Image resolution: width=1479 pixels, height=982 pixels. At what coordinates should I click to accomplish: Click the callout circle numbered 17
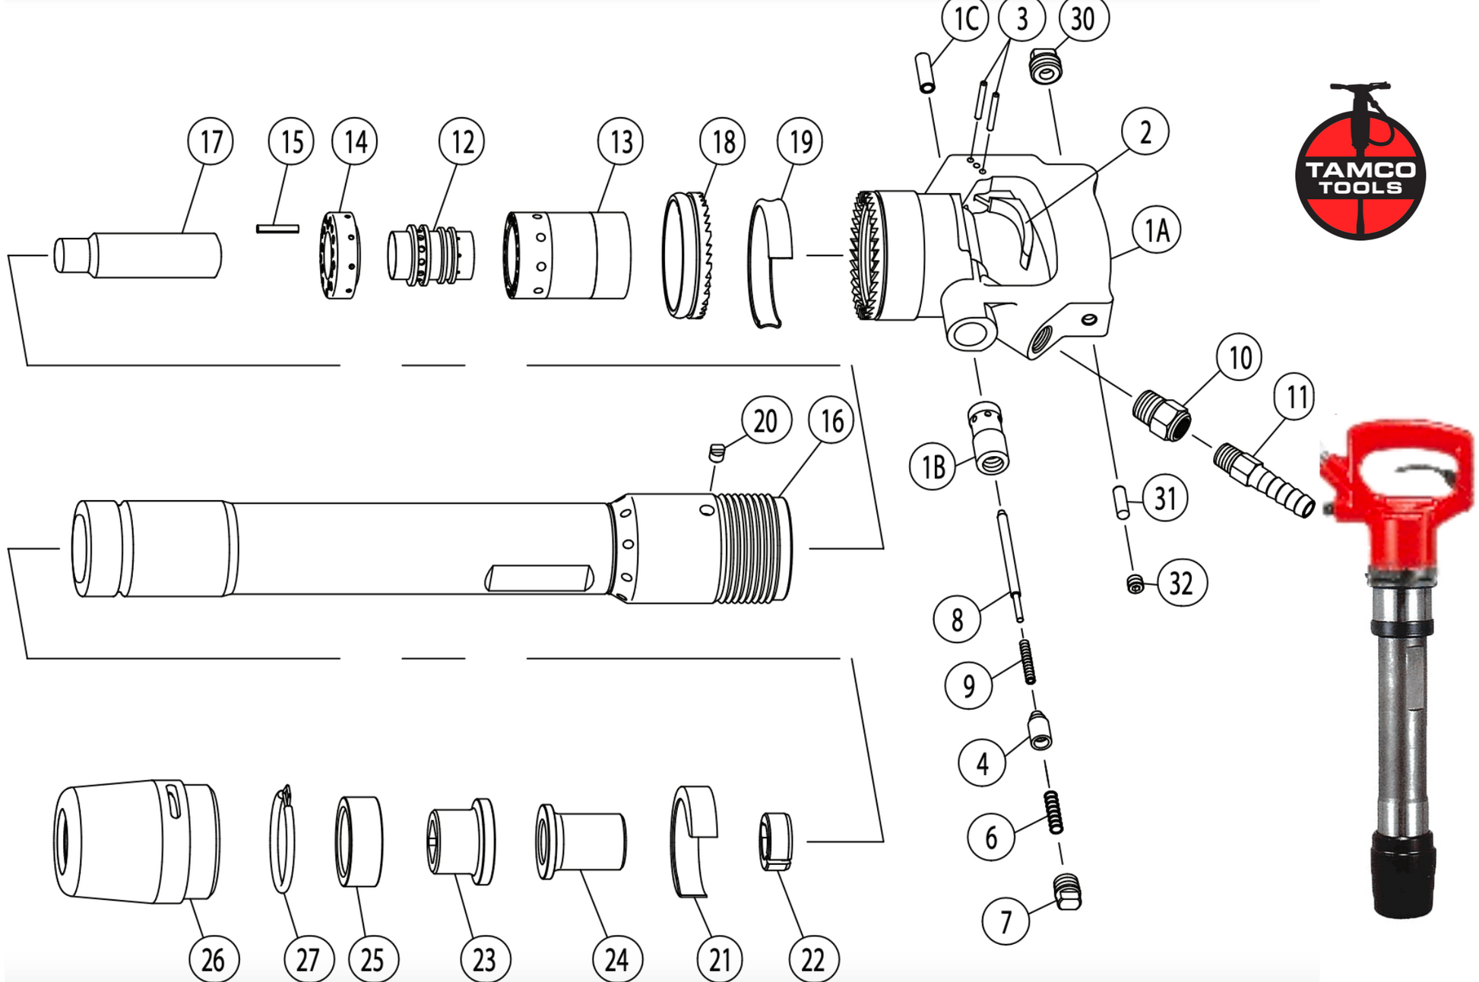pyautogui.click(x=211, y=141)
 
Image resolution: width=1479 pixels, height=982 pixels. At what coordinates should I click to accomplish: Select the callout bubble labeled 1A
pyautogui.click(x=1156, y=230)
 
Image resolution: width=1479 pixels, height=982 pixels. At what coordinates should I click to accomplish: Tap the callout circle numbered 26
pyautogui.click(x=213, y=959)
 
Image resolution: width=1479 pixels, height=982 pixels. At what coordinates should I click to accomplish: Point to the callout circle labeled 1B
pyautogui.click(x=933, y=467)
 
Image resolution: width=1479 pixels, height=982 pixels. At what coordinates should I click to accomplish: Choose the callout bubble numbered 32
pyautogui.click(x=1181, y=583)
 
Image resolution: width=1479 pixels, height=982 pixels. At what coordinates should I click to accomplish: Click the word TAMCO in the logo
pyautogui.click(x=1360, y=169)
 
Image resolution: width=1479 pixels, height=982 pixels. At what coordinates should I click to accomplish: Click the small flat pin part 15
pyautogui.click(x=277, y=228)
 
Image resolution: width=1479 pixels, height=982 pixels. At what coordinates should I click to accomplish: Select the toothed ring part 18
pyautogui.click(x=688, y=255)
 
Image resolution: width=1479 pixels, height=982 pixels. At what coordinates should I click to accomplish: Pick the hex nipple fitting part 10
pyautogui.click(x=1161, y=416)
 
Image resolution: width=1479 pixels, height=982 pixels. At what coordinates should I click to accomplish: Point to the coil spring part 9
pyautogui.click(x=1027, y=661)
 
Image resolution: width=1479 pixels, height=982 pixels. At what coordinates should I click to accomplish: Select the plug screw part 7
pyautogui.click(x=1068, y=892)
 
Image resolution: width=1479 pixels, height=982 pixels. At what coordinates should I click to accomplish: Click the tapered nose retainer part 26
pyautogui.click(x=137, y=841)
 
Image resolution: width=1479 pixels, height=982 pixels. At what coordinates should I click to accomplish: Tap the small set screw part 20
pyautogui.click(x=717, y=453)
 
